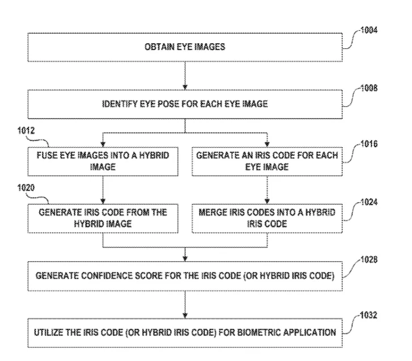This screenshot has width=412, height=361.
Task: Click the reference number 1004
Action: coord(369,30)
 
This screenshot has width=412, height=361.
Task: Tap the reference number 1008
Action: coord(369,88)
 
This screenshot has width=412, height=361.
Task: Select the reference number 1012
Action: coord(26,131)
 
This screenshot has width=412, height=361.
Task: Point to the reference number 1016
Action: coord(369,144)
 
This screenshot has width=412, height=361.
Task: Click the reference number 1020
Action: coord(26,188)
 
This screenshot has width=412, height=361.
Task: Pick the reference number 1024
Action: coord(369,202)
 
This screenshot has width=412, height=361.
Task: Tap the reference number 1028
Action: coord(369,260)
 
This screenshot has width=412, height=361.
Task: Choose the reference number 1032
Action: coord(368,315)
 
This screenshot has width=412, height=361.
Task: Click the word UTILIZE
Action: coord(49,333)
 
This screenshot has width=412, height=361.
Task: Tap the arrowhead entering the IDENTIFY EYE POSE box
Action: coord(185,87)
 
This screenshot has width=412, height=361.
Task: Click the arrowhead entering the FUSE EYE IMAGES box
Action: coord(103,144)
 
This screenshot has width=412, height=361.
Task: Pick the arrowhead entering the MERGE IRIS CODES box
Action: coord(267,202)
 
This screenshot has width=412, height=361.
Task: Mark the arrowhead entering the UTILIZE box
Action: coord(185,316)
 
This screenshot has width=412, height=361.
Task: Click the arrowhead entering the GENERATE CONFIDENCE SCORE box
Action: coord(185,259)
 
